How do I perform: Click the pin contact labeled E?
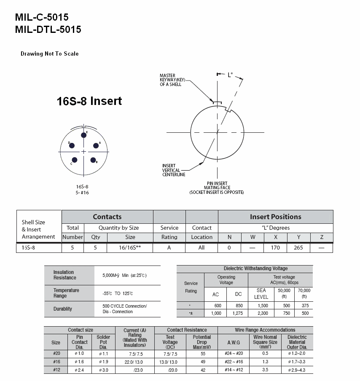point(83,135)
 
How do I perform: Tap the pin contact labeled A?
point(96,145)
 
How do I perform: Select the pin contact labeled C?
point(75,160)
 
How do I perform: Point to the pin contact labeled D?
point(72,145)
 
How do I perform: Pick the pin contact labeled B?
point(93,160)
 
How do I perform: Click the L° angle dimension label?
point(230,75)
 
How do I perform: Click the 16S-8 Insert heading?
point(89,101)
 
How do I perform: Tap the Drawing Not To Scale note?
point(50,54)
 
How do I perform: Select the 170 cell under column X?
point(275,247)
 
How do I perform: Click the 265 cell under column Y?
point(298,247)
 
